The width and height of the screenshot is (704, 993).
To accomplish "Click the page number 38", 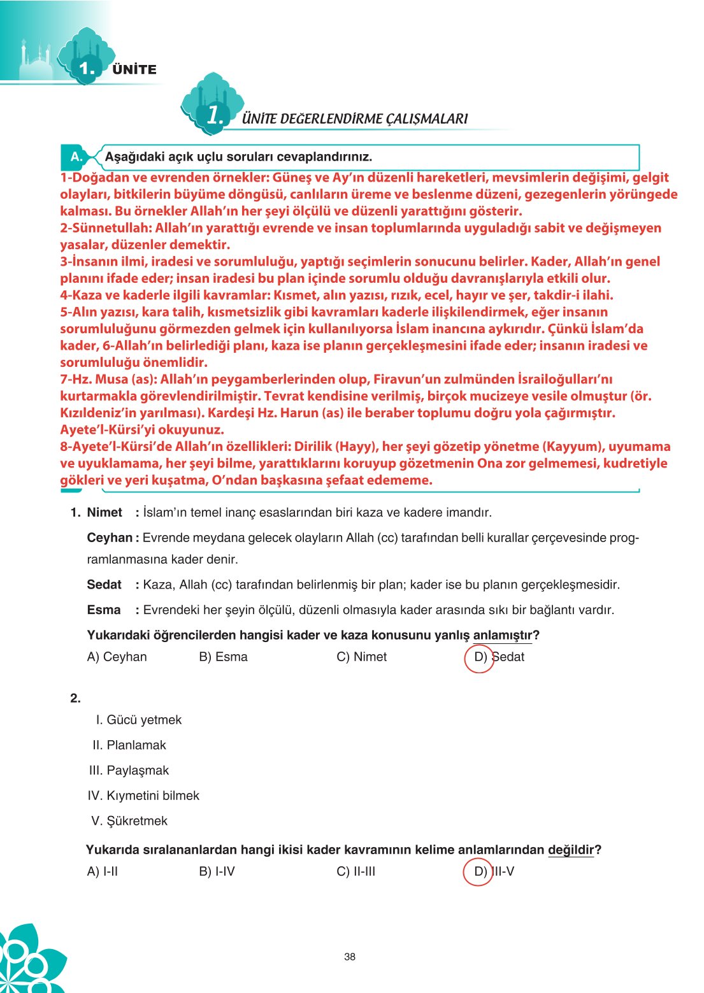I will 349,956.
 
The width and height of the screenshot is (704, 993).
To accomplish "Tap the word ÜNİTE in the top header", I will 134,69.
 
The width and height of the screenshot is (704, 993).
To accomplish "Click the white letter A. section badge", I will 76,157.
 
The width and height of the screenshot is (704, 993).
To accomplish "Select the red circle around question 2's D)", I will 478,871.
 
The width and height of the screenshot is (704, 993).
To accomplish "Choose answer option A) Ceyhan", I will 117,657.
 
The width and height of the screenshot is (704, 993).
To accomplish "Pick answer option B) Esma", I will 223,657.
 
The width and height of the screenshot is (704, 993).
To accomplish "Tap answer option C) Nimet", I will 361,657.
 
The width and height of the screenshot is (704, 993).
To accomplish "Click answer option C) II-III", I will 356,871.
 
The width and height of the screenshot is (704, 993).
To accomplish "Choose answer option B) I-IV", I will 217,871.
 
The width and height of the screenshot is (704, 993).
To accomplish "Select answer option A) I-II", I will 102,871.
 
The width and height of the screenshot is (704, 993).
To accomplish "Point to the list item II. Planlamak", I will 129,745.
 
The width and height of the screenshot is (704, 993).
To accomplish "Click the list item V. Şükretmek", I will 129,821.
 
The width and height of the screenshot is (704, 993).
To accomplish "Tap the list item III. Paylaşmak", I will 129,770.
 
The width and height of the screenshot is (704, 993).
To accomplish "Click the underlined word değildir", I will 570,850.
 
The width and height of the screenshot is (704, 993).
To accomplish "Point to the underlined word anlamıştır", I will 502,635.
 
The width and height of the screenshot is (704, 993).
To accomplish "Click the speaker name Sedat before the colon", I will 104,585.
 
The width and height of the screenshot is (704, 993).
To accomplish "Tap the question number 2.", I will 76,698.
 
